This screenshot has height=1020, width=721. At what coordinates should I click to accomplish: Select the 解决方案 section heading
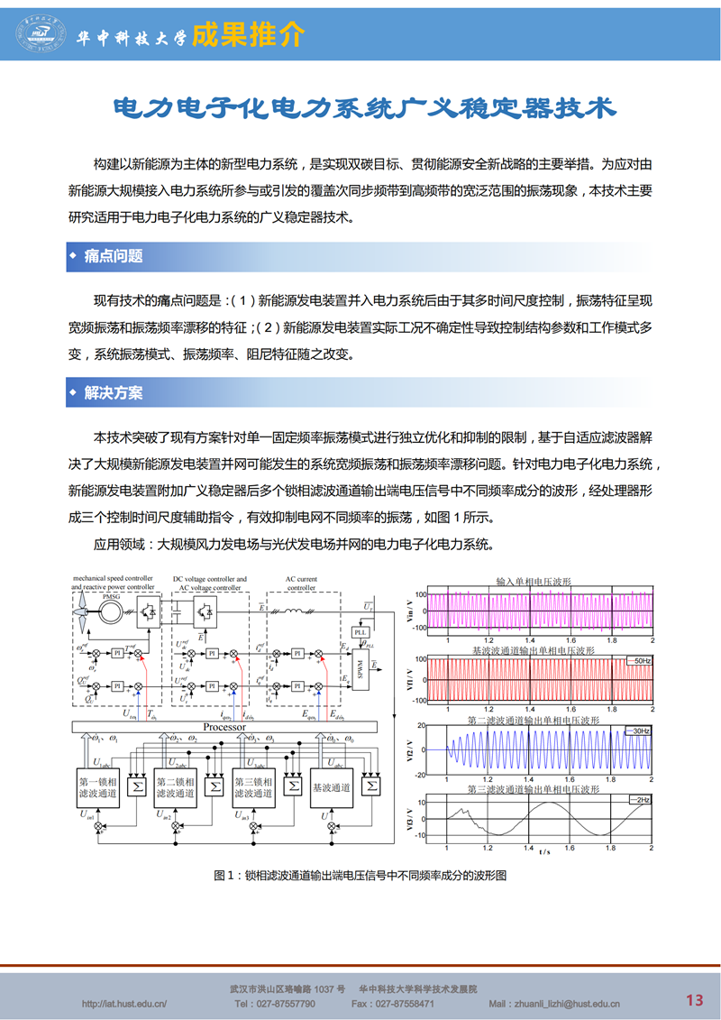pyautogui.click(x=114, y=393)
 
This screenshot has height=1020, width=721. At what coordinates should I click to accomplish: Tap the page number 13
pyautogui.click(x=694, y=999)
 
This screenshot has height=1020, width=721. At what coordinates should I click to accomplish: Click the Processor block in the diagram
pyautogui.click(x=224, y=727)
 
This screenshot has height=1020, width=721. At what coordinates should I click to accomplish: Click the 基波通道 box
pyautogui.click(x=332, y=786)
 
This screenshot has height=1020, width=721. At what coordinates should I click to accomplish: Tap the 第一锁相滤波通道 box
pyautogui.click(x=98, y=786)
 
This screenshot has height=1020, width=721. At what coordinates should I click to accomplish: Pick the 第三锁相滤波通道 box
pyautogui.click(x=253, y=786)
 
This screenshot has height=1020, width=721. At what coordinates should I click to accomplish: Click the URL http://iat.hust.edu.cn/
pyautogui.click(x=124, y=1004)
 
